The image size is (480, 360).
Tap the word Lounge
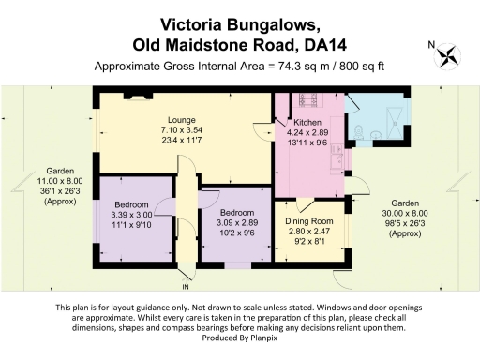[181, 120]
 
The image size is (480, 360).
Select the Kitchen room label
[307, 123]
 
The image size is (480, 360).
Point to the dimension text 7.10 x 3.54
[181, 131]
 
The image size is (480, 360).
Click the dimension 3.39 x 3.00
[131, 215]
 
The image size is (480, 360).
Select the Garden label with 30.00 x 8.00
[405, 203]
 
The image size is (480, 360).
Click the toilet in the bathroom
[362, 132]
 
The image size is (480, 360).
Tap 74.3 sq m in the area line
[298, 67]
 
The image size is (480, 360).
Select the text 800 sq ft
[361, 67]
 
